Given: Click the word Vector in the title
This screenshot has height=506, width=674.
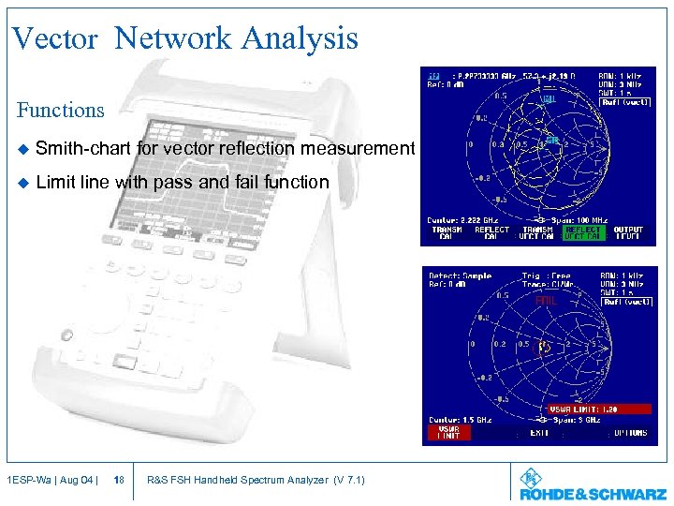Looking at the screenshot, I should click(54, 38).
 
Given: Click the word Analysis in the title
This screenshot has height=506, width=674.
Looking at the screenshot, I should click(300, 38).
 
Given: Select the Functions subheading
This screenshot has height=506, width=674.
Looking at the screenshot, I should click(61, 110).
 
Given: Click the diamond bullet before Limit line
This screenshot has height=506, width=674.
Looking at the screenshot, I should click(22, 183).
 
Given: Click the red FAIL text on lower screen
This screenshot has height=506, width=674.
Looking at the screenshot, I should click(547, 302).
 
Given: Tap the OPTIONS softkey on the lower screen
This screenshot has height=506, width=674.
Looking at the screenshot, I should click(630, 433).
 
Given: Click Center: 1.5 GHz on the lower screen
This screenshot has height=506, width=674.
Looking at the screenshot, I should click(460, 420).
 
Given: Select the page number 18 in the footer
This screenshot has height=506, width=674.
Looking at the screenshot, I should click(118, 481).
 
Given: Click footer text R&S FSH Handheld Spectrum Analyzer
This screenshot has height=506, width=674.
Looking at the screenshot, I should click(256, 481).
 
